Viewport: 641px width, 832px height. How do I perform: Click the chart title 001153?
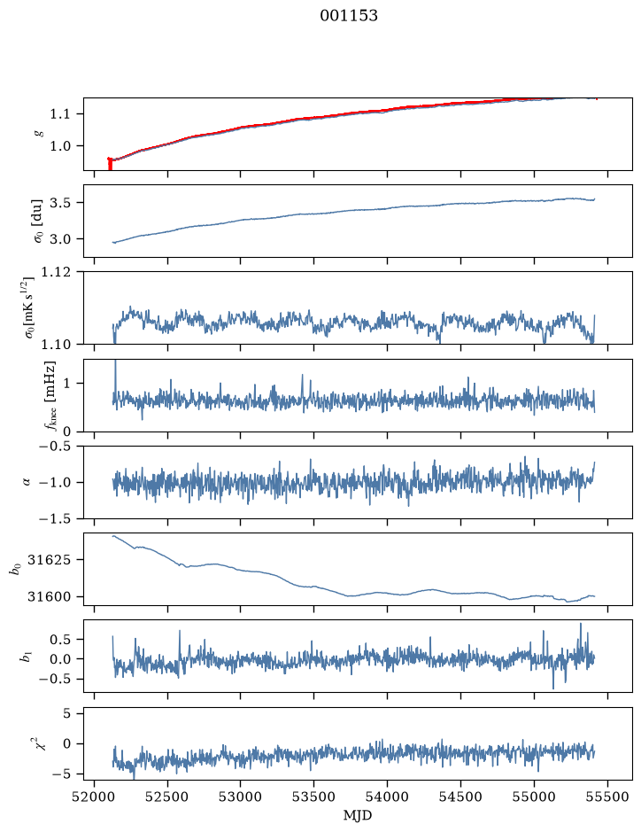click(x=348, y=16)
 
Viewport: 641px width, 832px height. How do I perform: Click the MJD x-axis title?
click(x=358, y=815)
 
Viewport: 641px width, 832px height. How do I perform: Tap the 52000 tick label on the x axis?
click(x=95, y=797)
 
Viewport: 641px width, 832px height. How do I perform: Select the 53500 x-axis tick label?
click(x=314, y=797)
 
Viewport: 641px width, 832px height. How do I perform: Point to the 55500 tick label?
click(x=607, y=797)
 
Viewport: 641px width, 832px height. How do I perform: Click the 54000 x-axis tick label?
click(x=387, y=797)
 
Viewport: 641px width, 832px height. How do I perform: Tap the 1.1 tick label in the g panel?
click(x=59, y=114)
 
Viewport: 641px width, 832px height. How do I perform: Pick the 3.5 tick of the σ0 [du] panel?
click(x=59, y=203)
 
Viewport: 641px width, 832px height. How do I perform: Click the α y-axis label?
click(x=27, y=482)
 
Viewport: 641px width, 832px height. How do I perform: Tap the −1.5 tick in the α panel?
click(x=54, y=518)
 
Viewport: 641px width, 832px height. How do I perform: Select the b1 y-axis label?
click(x=24, y=657)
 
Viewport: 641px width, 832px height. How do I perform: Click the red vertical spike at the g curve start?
click(x=110, y=163)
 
